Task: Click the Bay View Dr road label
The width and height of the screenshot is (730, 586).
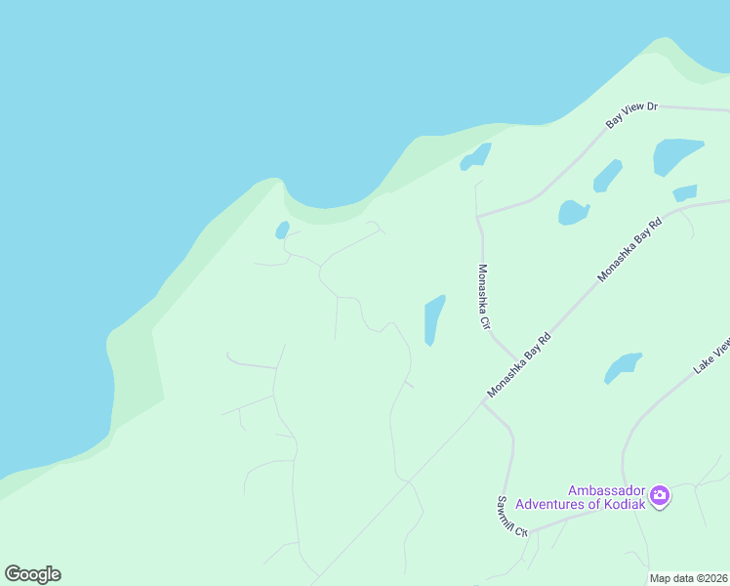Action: pyautogui.click(x=632, y=113)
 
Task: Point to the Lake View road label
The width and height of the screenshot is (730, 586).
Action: pyautogui.click(x=711, y=356)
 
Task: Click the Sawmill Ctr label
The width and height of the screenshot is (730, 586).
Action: pyautogui.click(x=510, y=518)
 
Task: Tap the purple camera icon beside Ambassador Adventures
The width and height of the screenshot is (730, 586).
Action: pyautogui.click(x=660, y=496)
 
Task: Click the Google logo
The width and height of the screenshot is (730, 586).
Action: pyautogui.click(x=32, y=573)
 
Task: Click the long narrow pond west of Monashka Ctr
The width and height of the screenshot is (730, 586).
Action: pyautogui.click(x=434, y=319)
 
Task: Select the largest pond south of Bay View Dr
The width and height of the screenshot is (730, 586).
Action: pyautogui.click(x=676, y=154)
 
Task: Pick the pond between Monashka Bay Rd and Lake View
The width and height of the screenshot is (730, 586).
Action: pyautogui.click(x=622, y=367)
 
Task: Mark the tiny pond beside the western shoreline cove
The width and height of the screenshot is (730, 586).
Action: pyautogui.click(x=282, y=230)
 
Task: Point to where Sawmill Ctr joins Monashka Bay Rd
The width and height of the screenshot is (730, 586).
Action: pyautogui.click(x=483, y=400)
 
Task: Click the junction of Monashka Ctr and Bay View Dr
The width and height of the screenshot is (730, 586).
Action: pyautogui.click(x=477, y=216)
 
